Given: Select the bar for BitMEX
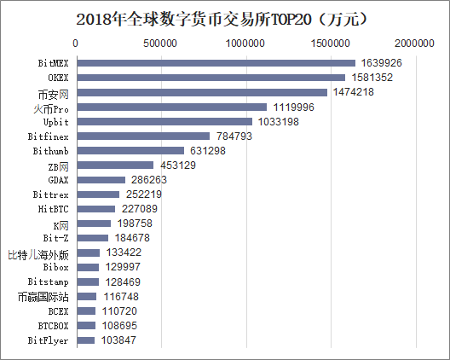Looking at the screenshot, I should tap(216, 63).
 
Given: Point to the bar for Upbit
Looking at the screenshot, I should tap(164, 121).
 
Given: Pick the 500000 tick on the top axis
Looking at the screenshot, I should tap(161, 42).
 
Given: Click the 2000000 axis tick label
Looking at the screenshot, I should tap(416, 42).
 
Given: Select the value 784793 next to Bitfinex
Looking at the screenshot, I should tap(235, 136).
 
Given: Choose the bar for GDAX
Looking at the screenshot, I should tap(101, 180).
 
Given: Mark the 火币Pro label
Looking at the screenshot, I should tap(51, 107).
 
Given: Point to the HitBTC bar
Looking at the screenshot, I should tap(95, 209).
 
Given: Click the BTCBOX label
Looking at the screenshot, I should tap(54, 326).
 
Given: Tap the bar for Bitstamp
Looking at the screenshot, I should tap(88, 282).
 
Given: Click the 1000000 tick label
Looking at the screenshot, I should tap(246, 42).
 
